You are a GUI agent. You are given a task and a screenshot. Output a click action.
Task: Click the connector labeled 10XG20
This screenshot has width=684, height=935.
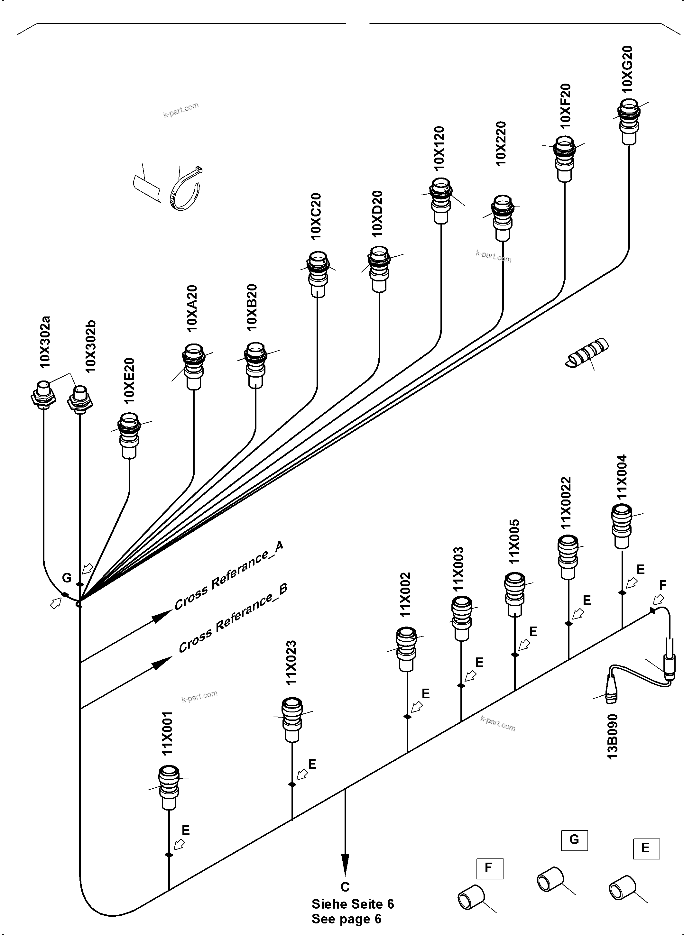coord(629,121)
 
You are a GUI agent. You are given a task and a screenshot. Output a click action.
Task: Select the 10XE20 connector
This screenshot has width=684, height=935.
coord(129,435)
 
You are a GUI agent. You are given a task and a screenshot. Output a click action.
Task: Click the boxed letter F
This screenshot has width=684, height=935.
coord(489,868)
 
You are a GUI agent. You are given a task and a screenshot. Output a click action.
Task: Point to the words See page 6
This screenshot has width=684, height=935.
coord(346,919)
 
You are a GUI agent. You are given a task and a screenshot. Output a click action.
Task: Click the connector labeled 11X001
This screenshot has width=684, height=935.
coord(169,787)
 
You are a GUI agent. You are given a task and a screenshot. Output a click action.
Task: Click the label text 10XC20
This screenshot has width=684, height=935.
coord(316,216)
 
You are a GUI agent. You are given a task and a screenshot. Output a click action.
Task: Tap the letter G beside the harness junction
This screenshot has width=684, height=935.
coord(67,578)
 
